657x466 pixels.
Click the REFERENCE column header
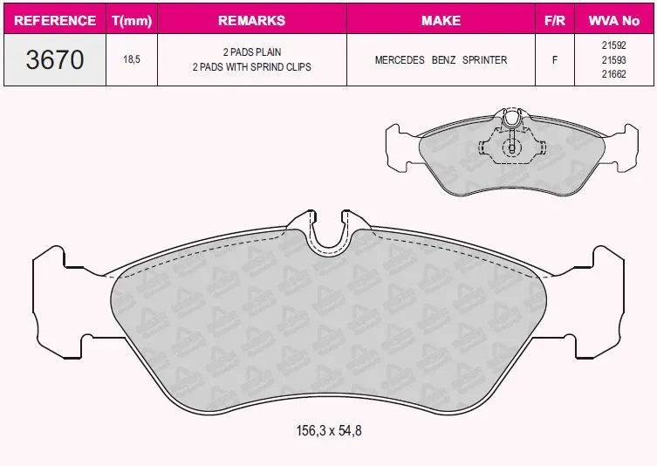55,20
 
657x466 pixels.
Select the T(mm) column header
132,21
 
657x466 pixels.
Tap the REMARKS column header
252,20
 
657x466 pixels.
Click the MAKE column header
441,20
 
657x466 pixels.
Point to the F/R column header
554,20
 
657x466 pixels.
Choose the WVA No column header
614,20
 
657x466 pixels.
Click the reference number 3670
55,59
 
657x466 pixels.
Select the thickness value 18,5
132,59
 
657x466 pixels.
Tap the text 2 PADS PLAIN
252,52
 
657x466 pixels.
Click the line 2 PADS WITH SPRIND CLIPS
252,67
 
